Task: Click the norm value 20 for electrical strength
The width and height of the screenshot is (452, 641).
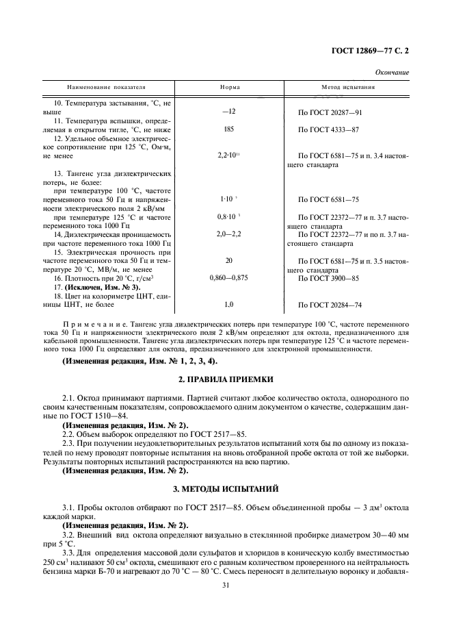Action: (x=229, y=261)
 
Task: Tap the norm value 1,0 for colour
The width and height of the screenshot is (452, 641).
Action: (x=229, y=305)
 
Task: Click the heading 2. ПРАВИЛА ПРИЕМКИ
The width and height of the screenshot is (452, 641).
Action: (x=226, y=379)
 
